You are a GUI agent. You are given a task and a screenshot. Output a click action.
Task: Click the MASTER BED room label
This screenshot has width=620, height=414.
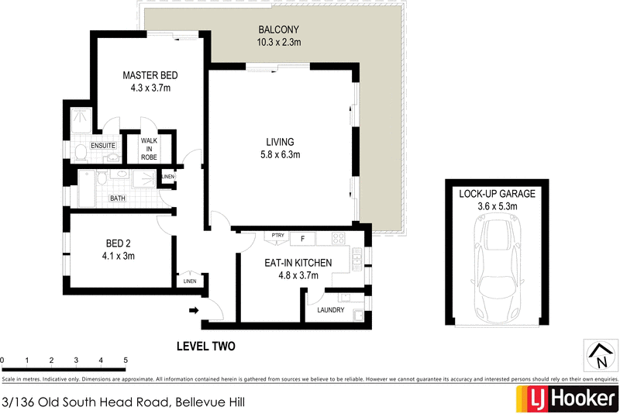pos(150,75)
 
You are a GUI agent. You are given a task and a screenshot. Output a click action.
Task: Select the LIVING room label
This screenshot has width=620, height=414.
pos(280,142)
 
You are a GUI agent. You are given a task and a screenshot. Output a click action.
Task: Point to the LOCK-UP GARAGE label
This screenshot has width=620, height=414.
pos(497,194)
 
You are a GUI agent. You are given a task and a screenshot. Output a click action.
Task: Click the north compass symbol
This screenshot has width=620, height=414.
pos(599,356)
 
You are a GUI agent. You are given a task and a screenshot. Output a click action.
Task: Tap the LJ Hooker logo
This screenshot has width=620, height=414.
pos(566,398)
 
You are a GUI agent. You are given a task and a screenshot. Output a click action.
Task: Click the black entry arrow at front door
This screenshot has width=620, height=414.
pos(193,312)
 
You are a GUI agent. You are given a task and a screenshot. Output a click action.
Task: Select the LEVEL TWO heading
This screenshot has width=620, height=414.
pos(205,347)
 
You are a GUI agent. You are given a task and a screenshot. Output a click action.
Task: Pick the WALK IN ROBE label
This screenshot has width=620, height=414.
pos(149,148)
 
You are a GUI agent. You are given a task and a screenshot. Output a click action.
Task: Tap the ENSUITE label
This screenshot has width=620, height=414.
pos(103,145)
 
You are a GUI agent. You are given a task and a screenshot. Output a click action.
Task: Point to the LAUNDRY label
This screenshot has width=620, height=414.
pos(331,310)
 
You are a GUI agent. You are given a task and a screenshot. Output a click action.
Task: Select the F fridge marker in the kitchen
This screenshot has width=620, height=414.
pos(303,236)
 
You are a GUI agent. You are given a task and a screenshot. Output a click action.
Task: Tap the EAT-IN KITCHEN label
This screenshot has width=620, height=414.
pos(299,263)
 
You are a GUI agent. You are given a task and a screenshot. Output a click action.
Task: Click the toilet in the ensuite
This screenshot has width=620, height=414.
pos(80,150)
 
